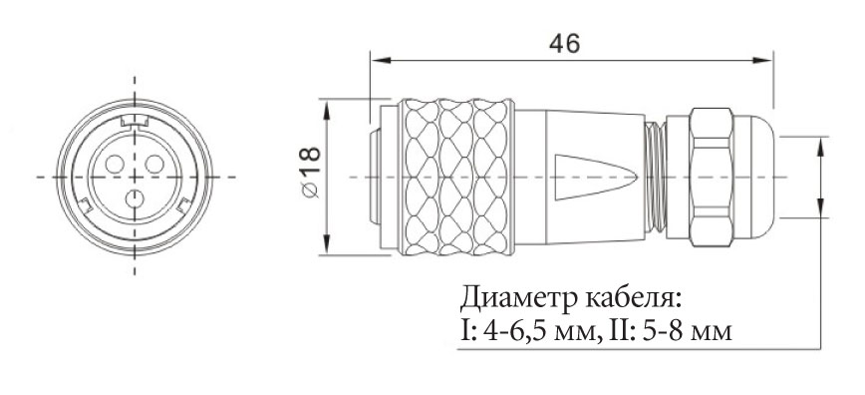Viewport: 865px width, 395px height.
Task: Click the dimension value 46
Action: (564, 44)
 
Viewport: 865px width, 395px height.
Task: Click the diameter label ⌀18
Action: (311, 172)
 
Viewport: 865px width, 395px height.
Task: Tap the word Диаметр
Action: (515, 299)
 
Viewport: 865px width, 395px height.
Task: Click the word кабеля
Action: (631, 299)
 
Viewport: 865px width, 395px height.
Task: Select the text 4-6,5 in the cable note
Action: (517, 331)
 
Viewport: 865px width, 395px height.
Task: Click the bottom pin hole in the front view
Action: (135, 198)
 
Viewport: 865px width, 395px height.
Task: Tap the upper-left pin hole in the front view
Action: (115, 164)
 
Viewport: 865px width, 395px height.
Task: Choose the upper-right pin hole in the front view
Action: (154, 164)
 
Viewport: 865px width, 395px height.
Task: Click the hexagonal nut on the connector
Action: (712, 177)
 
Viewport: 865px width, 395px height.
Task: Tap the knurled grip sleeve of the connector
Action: (456, 177)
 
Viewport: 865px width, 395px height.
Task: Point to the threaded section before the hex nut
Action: (655, 177)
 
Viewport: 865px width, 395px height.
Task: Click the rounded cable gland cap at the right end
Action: (753, 177)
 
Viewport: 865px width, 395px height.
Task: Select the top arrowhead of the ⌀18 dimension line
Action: (328, 110)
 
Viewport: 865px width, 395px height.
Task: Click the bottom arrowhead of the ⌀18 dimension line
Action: (328, 244)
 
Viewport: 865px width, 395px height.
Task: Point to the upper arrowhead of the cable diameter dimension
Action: (821, 147)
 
